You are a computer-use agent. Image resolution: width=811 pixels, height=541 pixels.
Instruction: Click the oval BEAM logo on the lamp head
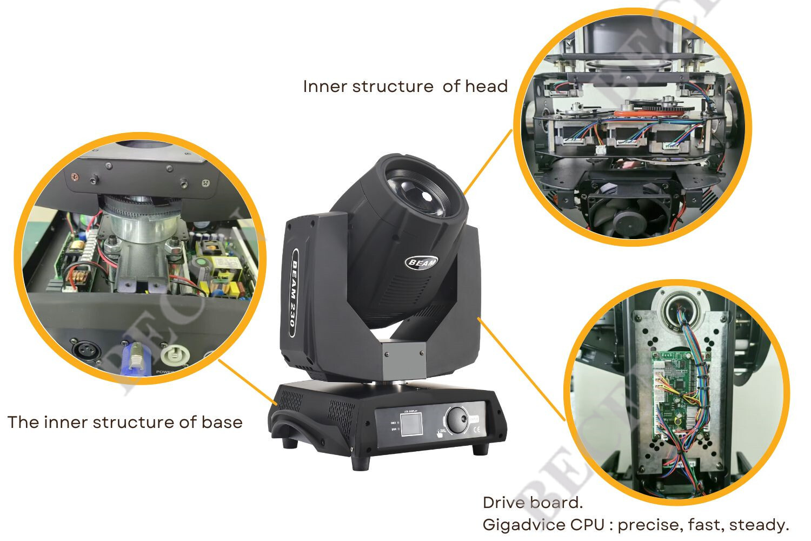[422, 262]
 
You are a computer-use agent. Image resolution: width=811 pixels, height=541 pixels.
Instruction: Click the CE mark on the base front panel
[477, 431]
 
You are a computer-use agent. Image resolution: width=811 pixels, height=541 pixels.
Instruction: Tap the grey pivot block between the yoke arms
[404, 360]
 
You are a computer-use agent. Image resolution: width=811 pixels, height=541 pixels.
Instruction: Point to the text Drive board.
[533, 503]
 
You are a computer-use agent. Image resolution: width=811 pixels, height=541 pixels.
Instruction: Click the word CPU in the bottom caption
[589, 524]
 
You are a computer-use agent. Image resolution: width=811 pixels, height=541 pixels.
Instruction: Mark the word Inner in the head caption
[324, 86]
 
